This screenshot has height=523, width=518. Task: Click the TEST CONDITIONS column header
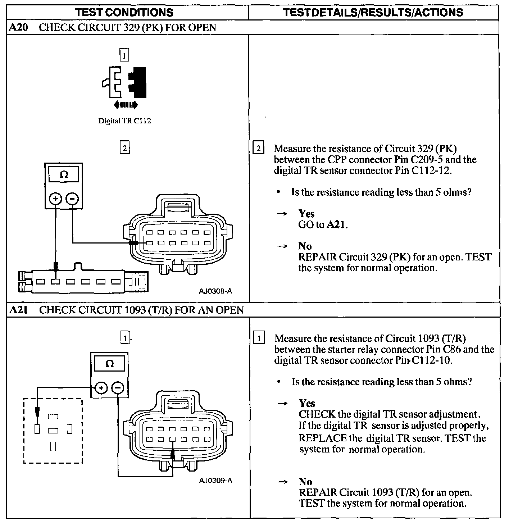(124, 12)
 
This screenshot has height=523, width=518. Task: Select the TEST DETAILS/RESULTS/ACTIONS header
(373, 12)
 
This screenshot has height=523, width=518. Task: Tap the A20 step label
(18, 28)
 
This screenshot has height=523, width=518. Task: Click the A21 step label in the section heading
(18, 310)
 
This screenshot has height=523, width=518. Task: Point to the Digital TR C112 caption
(124, 121)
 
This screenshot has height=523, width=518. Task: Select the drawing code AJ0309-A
(216, 481)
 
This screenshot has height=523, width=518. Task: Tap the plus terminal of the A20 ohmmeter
(55, 199)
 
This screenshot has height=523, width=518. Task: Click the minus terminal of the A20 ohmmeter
(72, 199)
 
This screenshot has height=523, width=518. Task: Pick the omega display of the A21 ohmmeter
(110, 364)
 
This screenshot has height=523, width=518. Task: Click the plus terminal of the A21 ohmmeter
(101, 388)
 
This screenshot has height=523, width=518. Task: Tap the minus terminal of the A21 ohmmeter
(118, 388)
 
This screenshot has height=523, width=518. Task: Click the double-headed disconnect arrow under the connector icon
(126, 105)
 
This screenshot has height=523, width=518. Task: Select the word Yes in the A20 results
(306, 214)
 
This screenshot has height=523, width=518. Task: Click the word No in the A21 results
(305, 481)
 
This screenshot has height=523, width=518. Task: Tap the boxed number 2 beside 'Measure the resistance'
(258, 148)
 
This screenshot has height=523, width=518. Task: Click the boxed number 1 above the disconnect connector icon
(124, 56)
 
